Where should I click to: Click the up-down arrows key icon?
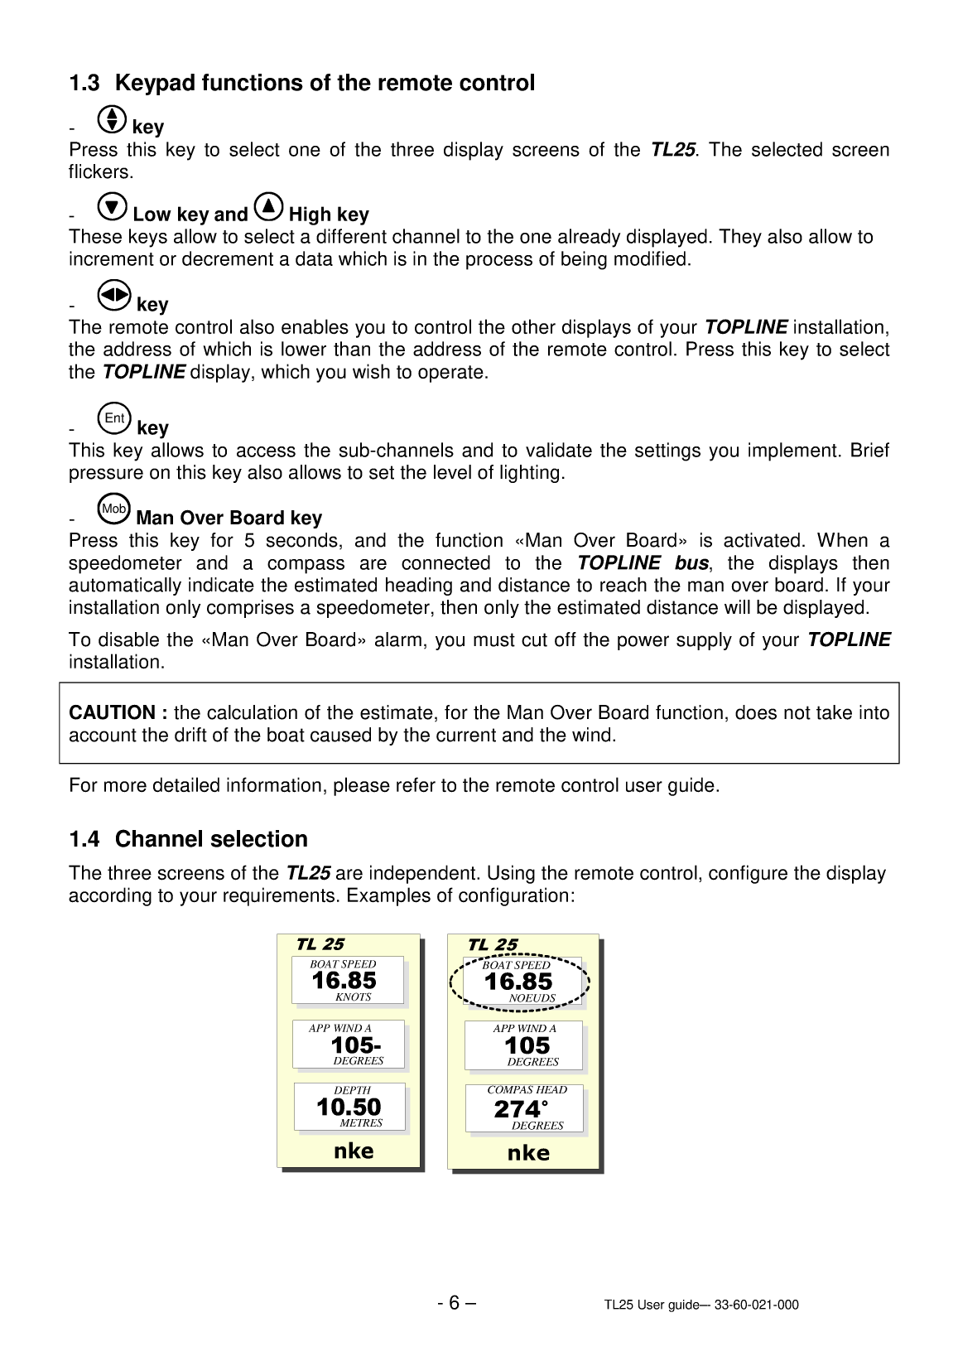tap(112, 119)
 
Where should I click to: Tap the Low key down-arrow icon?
tap(113, 207)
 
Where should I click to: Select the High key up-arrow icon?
tap(268, 207)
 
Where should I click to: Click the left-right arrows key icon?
tap(114, 296)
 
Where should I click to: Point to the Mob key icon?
tap(113, 509)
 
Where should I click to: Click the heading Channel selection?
tap(211, 839)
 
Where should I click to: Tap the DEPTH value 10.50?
tap(349, 1107)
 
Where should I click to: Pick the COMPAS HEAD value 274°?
tap(521, 1109)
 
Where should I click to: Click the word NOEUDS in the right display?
tap(532, 998)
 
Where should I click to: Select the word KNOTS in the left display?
tap(354, 997)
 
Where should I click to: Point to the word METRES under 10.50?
tap(361, 1123)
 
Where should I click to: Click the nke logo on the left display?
tap(354, 1151)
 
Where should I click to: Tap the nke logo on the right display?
tap(528, 1153)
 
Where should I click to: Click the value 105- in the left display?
tap(356, 1045)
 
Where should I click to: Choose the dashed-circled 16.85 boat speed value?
tap(518, 982)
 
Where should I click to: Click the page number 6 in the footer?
tap(454, 1303)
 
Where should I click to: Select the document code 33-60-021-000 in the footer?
tap(757, 1305)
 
